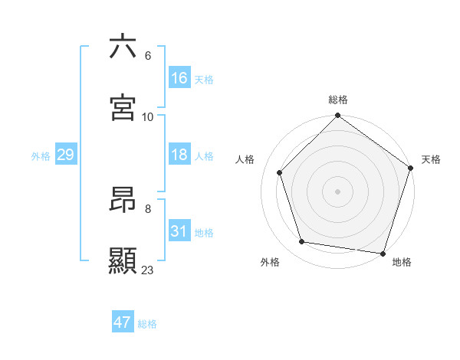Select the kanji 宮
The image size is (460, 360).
(x=123, y=108)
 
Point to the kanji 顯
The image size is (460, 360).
(x=123, y=261)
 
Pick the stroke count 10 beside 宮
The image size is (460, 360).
(x=148, y=116)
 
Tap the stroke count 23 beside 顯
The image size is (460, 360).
(x=148, y=270)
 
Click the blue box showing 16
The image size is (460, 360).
(x=179, y=78)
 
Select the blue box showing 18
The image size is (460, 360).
(x=179, y=155)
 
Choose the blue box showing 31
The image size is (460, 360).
(x=179, y=231)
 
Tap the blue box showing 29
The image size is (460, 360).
(x=66, y=155)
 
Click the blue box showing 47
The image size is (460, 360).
(x=123, y=322)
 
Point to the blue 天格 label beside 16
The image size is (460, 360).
(x=203, y=80)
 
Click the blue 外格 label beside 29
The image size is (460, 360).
(x=41, y=156)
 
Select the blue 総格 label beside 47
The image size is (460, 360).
(x=147, y=324)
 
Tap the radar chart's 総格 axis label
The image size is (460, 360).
(x=338, y=100)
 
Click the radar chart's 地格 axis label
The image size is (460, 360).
(x=402, y=262)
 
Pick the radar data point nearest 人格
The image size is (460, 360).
(x=280, y=172)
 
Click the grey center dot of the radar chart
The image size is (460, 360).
(x=338, y=191)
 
